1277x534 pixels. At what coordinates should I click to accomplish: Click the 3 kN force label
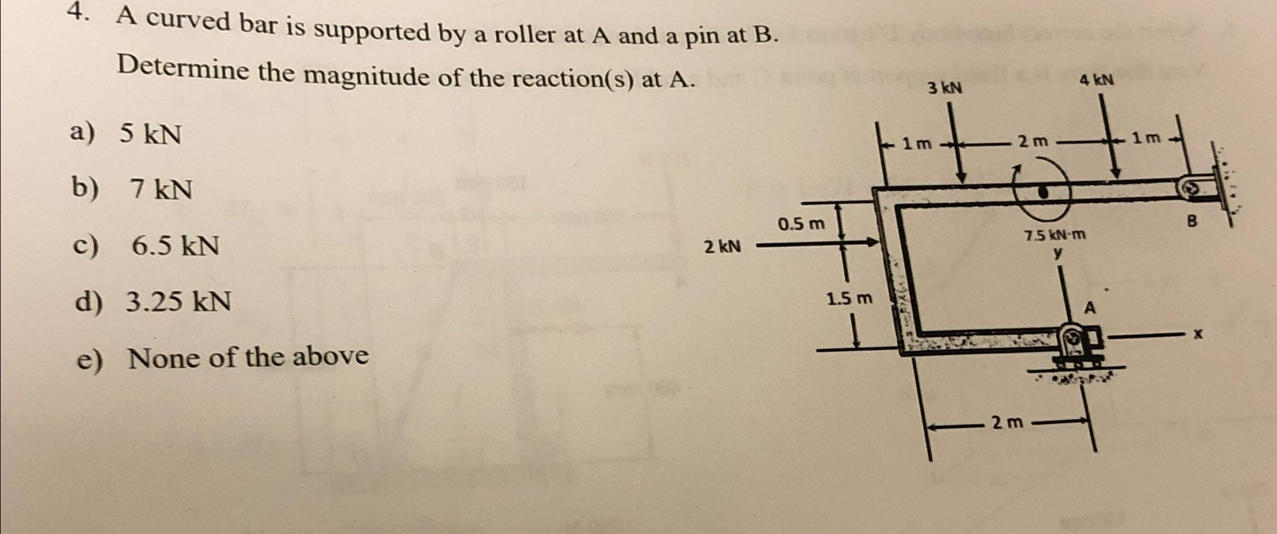(x=944, y=89)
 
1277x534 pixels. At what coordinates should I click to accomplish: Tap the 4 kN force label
(x=1096, y=80)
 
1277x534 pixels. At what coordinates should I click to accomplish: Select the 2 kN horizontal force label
(x=722, y=247)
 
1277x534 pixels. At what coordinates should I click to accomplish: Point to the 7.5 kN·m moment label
(x=1055, y=235)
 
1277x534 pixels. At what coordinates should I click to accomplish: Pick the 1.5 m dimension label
(x=849, y=299)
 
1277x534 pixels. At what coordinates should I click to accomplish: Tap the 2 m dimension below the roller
(x=1007, y=422)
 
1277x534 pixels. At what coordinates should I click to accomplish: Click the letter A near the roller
(x=1090, y=308)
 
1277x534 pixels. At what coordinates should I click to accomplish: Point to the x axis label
(x=1198, y=334)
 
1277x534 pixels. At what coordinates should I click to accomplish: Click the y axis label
(x=1057, y=252)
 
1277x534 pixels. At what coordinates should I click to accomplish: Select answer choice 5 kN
(x=150, y=133)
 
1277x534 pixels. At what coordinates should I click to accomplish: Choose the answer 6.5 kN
(x=175, y=246)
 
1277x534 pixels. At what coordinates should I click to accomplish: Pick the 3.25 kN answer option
(x=178, y=301)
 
